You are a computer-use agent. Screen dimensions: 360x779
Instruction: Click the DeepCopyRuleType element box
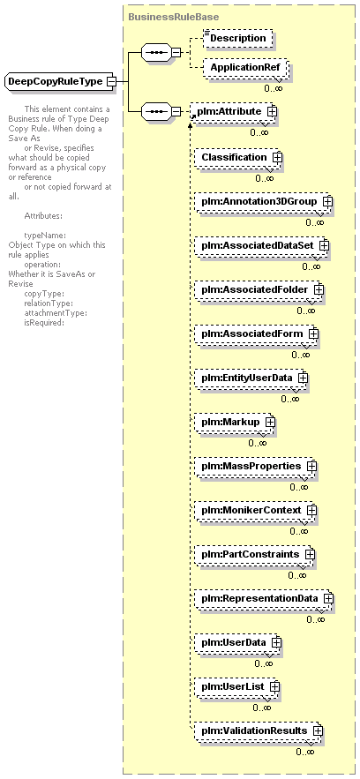click(60, 81)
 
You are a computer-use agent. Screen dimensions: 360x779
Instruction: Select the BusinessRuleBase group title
click(173, 17)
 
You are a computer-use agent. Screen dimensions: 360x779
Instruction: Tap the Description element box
click(238, 38)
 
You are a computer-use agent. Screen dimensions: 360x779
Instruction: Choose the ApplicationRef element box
click(244, 67)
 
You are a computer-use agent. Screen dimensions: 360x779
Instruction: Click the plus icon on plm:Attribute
click(272, 111)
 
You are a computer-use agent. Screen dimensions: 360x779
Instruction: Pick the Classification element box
click(237, 157)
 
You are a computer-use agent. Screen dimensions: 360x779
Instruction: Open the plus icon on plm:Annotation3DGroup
click(327, 202)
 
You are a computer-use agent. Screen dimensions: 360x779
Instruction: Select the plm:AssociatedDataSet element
click(260, 245)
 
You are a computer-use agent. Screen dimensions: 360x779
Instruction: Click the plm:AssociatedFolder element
click(259, 289)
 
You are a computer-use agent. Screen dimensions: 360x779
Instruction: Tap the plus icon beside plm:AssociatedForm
click(313, 333)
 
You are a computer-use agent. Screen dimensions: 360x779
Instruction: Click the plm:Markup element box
click(234, 422)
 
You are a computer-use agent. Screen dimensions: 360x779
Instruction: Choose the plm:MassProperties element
click(255, 466)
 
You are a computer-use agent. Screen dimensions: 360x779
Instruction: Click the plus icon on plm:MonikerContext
click(311, 510)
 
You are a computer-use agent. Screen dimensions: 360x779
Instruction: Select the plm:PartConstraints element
click(254, 554)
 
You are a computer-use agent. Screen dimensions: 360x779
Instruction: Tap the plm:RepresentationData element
click(263, 598)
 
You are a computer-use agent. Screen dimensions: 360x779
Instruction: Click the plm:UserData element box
click(237, 642)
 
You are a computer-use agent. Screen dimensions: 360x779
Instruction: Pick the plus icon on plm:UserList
click(274, 686)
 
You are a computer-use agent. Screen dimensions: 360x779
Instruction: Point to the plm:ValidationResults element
click(258, 730)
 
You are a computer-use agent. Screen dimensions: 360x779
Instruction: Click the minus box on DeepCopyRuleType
click(112, 81)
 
